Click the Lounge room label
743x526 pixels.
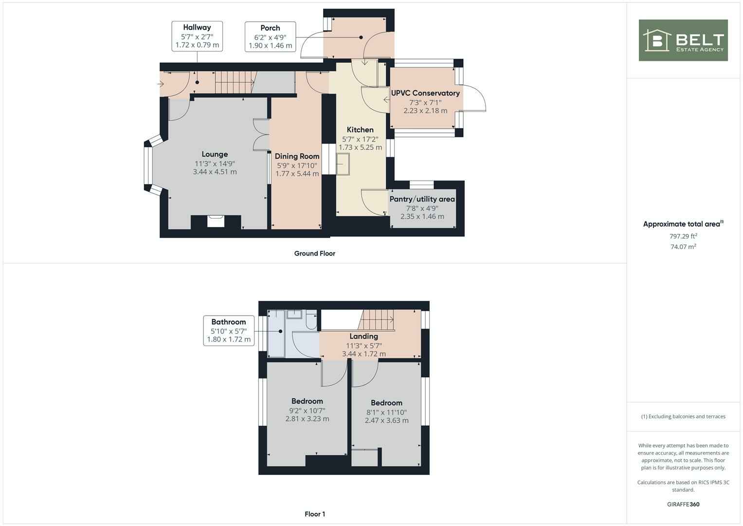point(215,154)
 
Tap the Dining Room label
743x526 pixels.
point(297,156)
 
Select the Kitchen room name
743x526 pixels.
point(360,130)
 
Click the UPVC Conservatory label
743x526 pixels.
point(425,93)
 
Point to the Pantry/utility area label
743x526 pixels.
point(422,199)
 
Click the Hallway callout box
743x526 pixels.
point(197,36)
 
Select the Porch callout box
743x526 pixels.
point(270,37)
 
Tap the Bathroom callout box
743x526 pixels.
point(229,331)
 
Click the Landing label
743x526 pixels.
point(363,336)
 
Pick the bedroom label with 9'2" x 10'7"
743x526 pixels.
point(307,401)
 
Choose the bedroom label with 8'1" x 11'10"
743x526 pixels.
point(386,403)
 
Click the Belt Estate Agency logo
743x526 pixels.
point(683,40)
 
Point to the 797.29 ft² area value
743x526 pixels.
point(683,236)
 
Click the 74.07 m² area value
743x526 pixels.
point(683,247)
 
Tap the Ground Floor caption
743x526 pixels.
point(314,253)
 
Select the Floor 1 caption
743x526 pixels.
point(315,514)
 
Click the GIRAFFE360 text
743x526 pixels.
point(683,504)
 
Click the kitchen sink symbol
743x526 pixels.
point(343,164)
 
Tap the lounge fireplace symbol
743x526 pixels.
point(216,221)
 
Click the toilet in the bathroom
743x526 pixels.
point(311,321)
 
